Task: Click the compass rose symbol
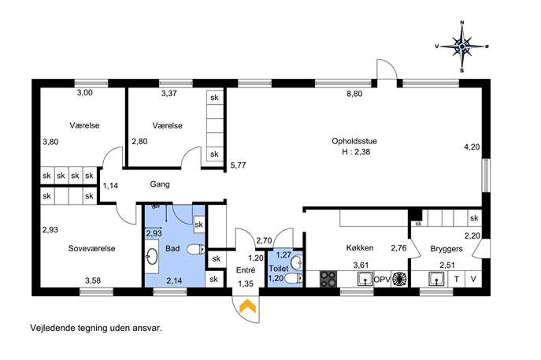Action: [x=462, y=46]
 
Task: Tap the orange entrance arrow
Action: [x=248, y=306]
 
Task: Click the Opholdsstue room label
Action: [x=354, y=141]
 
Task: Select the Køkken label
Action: [x=360, y=248]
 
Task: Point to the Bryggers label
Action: [x=447, y=249]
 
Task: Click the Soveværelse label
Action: [x=92, y=248]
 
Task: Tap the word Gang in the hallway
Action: [x=160, y=184]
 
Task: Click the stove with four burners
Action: [x=328, y=279]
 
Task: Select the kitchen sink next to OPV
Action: [x=365, y=279]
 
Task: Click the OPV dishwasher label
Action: [x=382, y=280]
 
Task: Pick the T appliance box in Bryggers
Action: [x=457, y=279]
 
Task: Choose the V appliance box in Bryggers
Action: [x=473, y=279]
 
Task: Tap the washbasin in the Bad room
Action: [x=151, y=257]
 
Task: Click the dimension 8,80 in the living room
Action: [x=354, y=94]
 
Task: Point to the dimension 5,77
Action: [x=238, y=165]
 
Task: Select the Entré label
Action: [x=246, y=270]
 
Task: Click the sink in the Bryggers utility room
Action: [x=436, y=279]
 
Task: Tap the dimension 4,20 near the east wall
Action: [x=472, y=147]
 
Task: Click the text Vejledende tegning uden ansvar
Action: [x=96, y=328]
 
